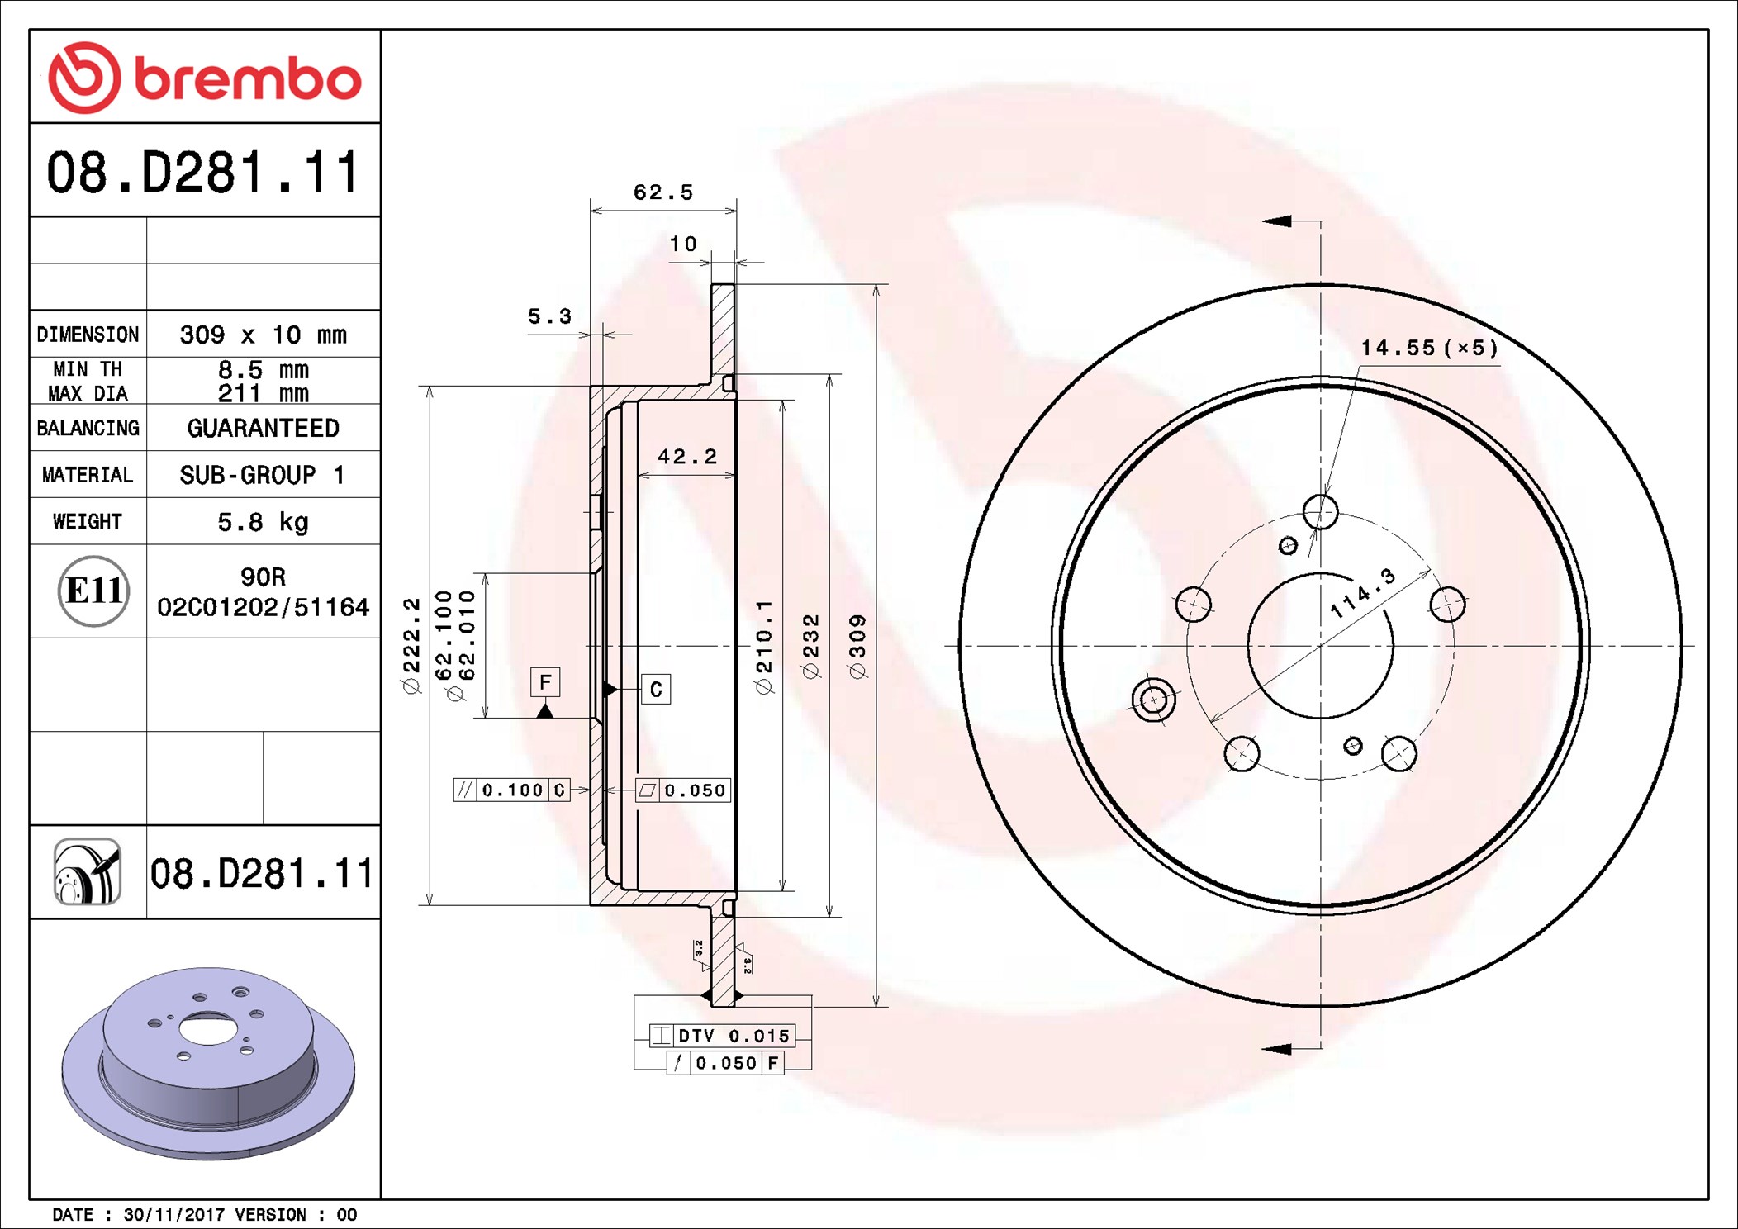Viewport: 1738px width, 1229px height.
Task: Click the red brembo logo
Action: click(x=205, y=78)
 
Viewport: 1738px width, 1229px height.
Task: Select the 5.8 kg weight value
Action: click(x=263, y=522)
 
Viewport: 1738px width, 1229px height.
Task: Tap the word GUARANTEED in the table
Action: click(x=263, y=428)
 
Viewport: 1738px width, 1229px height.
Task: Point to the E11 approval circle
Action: click(x=93, y=591)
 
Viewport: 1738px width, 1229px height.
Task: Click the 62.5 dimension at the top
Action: click(x=662, y=192)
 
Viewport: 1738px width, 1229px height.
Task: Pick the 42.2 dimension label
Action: click(x=687, y=457)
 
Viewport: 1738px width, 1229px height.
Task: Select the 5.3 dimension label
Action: click(x=549, y=316)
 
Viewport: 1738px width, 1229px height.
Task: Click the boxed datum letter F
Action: click(x=545, y=682)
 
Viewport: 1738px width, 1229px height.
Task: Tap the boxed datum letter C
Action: click(x=656, y=689)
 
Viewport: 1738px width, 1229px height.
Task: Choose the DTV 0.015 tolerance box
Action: click(x=723, y=1036)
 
